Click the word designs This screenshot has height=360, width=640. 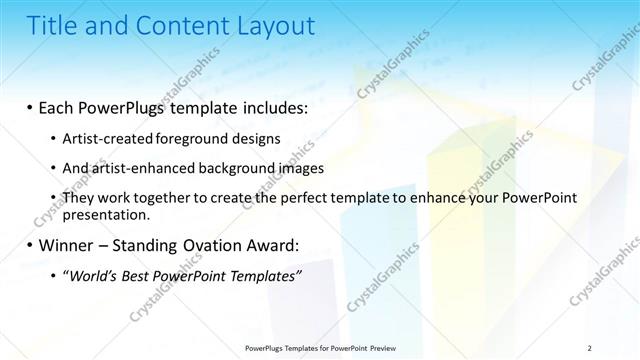(252, 138)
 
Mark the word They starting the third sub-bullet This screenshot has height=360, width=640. (78, 199)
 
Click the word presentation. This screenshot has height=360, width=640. (106, 214)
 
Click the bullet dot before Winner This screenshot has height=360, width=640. (30, 245)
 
